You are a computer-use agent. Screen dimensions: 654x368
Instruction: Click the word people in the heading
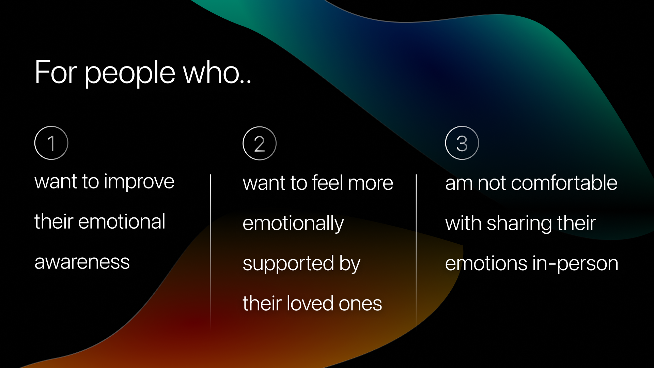(130, 73)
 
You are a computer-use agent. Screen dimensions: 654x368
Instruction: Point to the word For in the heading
(56, 72)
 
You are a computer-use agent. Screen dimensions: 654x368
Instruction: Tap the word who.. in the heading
(217, 72)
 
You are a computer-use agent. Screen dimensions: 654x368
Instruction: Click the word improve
(139, 182)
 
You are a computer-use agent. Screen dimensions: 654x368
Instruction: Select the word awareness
(82, 262)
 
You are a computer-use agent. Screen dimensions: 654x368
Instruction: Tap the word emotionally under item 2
(293, 224)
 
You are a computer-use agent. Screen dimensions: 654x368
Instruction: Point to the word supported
(289, 264)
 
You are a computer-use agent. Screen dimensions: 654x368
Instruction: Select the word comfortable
(564, 183)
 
